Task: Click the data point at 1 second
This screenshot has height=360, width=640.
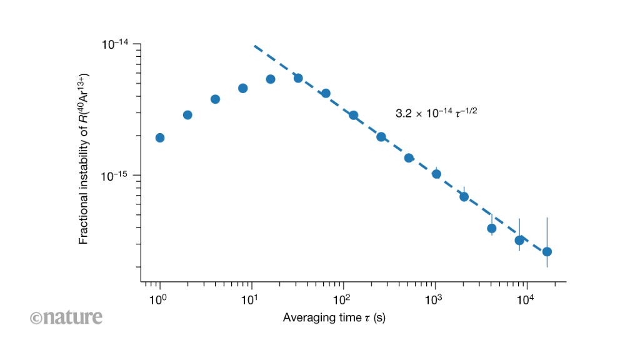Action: coord(160,137)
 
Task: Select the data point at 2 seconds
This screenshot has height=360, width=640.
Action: coord(187,115)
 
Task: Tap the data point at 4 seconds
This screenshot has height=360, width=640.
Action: coord(215,99)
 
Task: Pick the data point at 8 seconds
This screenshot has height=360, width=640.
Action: coord(243,88)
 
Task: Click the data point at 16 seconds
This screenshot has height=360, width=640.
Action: coord(271,79)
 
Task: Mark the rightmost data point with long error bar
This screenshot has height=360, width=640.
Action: coord(547,252)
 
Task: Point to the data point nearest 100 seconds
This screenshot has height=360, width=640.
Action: coord(353,115)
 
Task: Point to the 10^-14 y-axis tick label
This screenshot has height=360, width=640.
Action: coord(115,44)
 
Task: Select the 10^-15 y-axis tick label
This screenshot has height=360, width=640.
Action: coord(115,176)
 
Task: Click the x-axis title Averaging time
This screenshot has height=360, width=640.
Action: coord(334,317)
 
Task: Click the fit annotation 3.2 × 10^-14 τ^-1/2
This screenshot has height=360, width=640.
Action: coord(437,113)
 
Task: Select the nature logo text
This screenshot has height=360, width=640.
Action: coord(66,317)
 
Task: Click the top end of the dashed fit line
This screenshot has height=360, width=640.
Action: coord(255,46)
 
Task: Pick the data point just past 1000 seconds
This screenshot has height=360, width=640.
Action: coord(436,174)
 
